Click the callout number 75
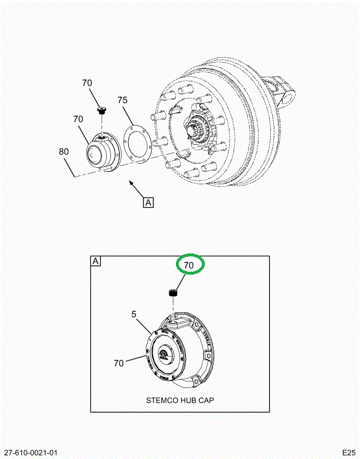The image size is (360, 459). coord(122,100)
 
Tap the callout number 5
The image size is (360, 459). coord(134,315)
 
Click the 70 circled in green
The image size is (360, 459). coord(188,266)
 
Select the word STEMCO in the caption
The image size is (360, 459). coord(162,400)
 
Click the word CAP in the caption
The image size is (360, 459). coord(206,400)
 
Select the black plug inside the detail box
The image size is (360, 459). coord(174,293)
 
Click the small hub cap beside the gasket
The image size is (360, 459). coord(101,154)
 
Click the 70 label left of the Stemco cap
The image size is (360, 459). coord(119,363)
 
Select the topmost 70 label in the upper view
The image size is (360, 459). coord(87,83)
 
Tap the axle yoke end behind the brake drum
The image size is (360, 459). coord(285,89)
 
